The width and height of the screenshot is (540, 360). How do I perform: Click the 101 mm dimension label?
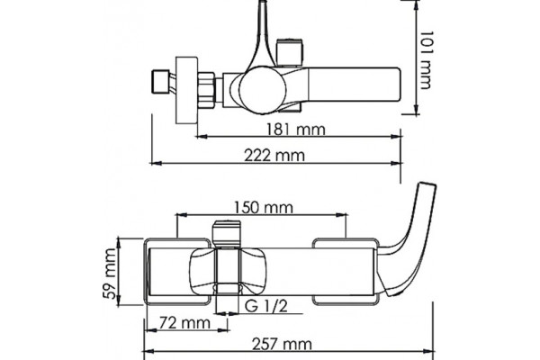click(426, 60)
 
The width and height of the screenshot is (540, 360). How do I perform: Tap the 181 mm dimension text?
click(296, 130)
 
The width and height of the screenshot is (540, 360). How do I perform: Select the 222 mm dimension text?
click(274, 156)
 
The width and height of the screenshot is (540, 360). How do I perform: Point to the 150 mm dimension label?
click(264, 208)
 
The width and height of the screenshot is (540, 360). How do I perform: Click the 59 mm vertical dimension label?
click(110, 274)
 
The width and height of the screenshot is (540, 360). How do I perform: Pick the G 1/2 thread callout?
click(265, 306)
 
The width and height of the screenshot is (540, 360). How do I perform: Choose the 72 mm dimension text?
click(184, 323)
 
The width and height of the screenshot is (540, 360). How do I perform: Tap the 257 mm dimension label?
click(283, 344)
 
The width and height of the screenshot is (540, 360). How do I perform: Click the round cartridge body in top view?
click(263, 89)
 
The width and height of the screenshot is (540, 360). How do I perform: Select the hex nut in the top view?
click(207, 88)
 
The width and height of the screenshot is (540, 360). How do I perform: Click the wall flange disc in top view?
click(186, 90)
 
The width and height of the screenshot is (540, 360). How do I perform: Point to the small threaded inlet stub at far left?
click(160, 82)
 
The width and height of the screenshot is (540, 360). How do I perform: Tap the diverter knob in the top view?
click(290, 52)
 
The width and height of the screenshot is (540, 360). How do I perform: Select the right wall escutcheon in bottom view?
click(345, 272)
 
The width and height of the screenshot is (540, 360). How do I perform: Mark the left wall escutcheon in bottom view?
click(177, 272)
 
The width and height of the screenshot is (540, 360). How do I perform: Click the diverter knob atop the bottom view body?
click(226, 234)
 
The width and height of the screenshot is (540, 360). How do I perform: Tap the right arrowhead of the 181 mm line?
click(397, 137)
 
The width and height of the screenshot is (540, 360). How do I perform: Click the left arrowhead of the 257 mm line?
click(148, 351)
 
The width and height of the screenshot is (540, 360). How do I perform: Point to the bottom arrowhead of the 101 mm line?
click(417, 109)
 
